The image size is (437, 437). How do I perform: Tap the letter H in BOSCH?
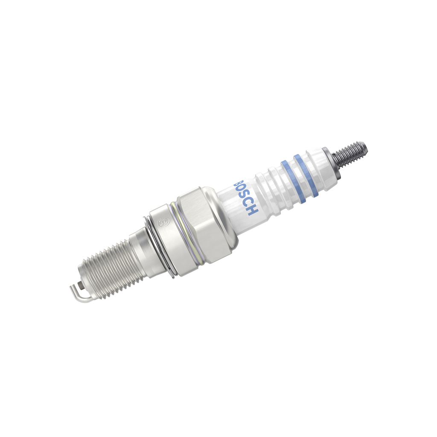(x=253, y=211)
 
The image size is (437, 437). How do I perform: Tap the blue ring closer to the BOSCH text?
(x=293, y=182)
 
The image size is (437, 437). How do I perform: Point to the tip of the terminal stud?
(x=367, y=146)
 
